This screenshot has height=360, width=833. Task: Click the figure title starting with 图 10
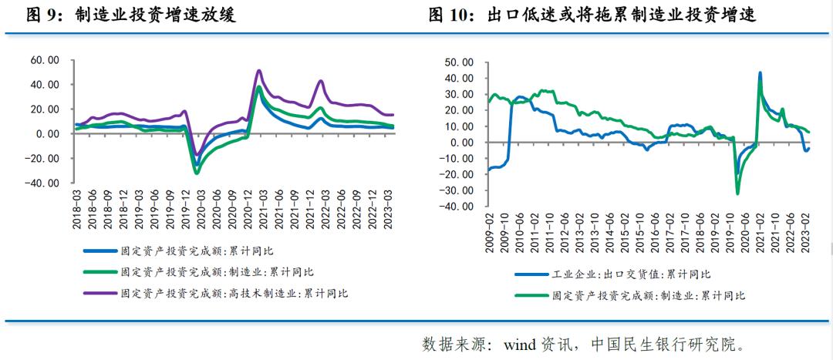pyautogui.click(x=594, y=15)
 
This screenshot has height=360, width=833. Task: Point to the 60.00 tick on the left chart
pyautogui.click(x=44, y=60)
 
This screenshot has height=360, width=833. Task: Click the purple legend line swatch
pyautogui.click(x=99, y=294)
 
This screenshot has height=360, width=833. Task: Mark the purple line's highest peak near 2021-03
pyautogui.click(x=259, y=71)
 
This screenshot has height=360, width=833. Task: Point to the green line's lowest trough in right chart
pyautogui.click(x=737, y=193)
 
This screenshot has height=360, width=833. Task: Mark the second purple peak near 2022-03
pyautogui.click(x=320, y=81)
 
